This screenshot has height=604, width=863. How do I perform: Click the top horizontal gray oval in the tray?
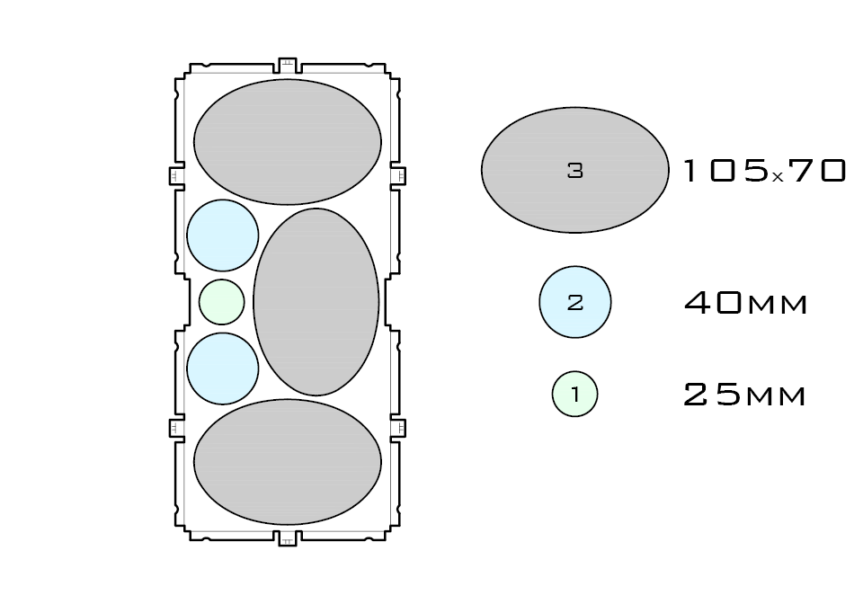pos(288,142)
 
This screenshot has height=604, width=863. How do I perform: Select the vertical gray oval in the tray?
pos(316,302)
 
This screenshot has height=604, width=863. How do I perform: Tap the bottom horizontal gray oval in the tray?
pos(288,462)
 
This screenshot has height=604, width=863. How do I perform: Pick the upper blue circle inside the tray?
pos(223,235)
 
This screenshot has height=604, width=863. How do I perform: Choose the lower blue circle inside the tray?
pos(223,369)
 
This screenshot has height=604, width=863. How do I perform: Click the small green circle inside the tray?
pos(221,302)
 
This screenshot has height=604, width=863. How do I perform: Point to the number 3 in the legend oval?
pos(575,170)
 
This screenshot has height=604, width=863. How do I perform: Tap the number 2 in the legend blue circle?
pos(575,303)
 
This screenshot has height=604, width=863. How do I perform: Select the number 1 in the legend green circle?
pos(575,394)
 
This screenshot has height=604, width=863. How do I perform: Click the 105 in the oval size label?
pos(725,171)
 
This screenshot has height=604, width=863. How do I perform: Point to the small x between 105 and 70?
pos(778,177)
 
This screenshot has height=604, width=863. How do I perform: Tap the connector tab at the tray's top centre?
pos(288,65)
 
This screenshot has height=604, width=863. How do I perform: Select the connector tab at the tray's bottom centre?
pos(288,538)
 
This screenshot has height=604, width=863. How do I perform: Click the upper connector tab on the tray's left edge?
pos(177,175)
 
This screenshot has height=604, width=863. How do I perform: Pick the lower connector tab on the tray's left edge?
pos(177,428)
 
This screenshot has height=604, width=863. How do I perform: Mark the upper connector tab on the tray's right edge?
pos(398,175)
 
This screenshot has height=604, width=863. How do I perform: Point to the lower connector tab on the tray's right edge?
pos(398,428)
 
